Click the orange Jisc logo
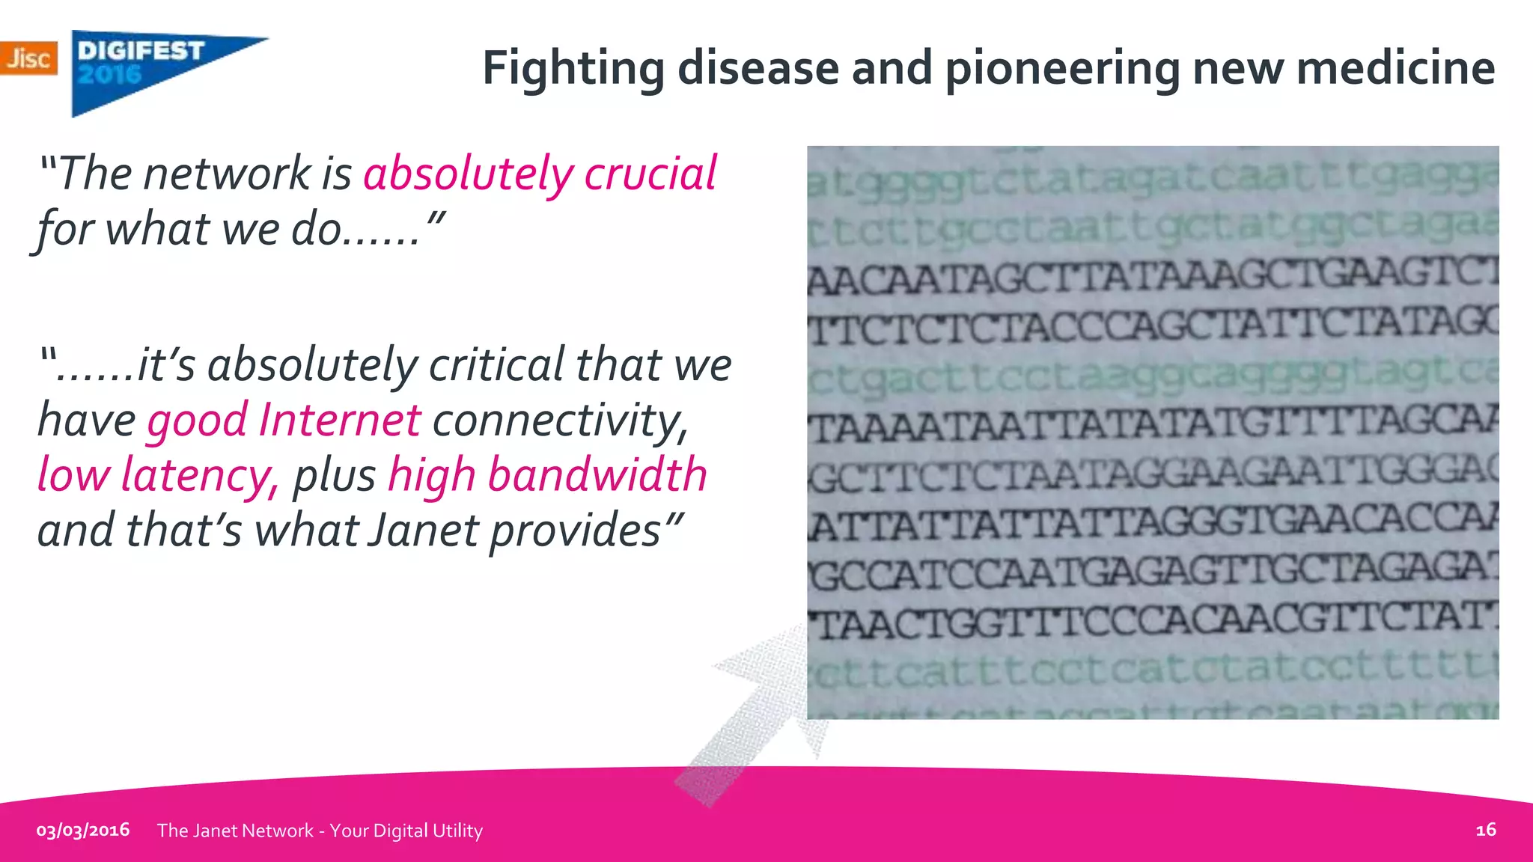click(x=28, y=58)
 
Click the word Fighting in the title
click(x=573, y=69)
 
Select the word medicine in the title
click(x=1395, y=69)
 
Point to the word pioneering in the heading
click(x=1061, y=69)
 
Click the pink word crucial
click(x=650, y=174)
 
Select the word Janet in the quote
click(x=423, y=531)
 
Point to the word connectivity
click(x=560, y=420)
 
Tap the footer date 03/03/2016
click(x=83, y=830)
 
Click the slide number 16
click(x=1485, y=829)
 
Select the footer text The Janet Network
click(x=236, y=831)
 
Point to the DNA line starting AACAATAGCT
click(x=1153, y=280)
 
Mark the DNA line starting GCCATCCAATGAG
click(x=1153, y=572)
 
